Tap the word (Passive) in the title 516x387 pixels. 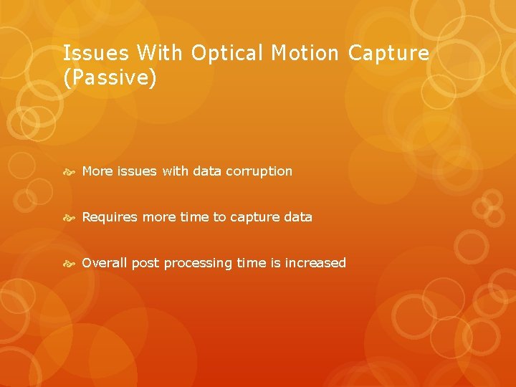110,77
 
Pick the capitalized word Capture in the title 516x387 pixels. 389,53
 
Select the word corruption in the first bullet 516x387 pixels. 259,171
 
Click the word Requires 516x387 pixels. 110,217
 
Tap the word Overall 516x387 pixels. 104,263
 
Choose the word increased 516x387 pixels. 315,263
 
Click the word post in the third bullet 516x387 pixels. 145,263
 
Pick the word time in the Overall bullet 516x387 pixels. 252,263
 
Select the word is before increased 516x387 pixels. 276,263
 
